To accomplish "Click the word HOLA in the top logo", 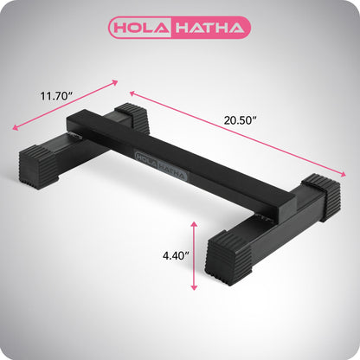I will pos(146,28).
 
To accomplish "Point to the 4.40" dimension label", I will pos(176,255).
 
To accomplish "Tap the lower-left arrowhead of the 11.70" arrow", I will pos(16,128).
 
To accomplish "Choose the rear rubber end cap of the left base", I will pos(132,118).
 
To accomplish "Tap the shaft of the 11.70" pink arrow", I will pos(65,106).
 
